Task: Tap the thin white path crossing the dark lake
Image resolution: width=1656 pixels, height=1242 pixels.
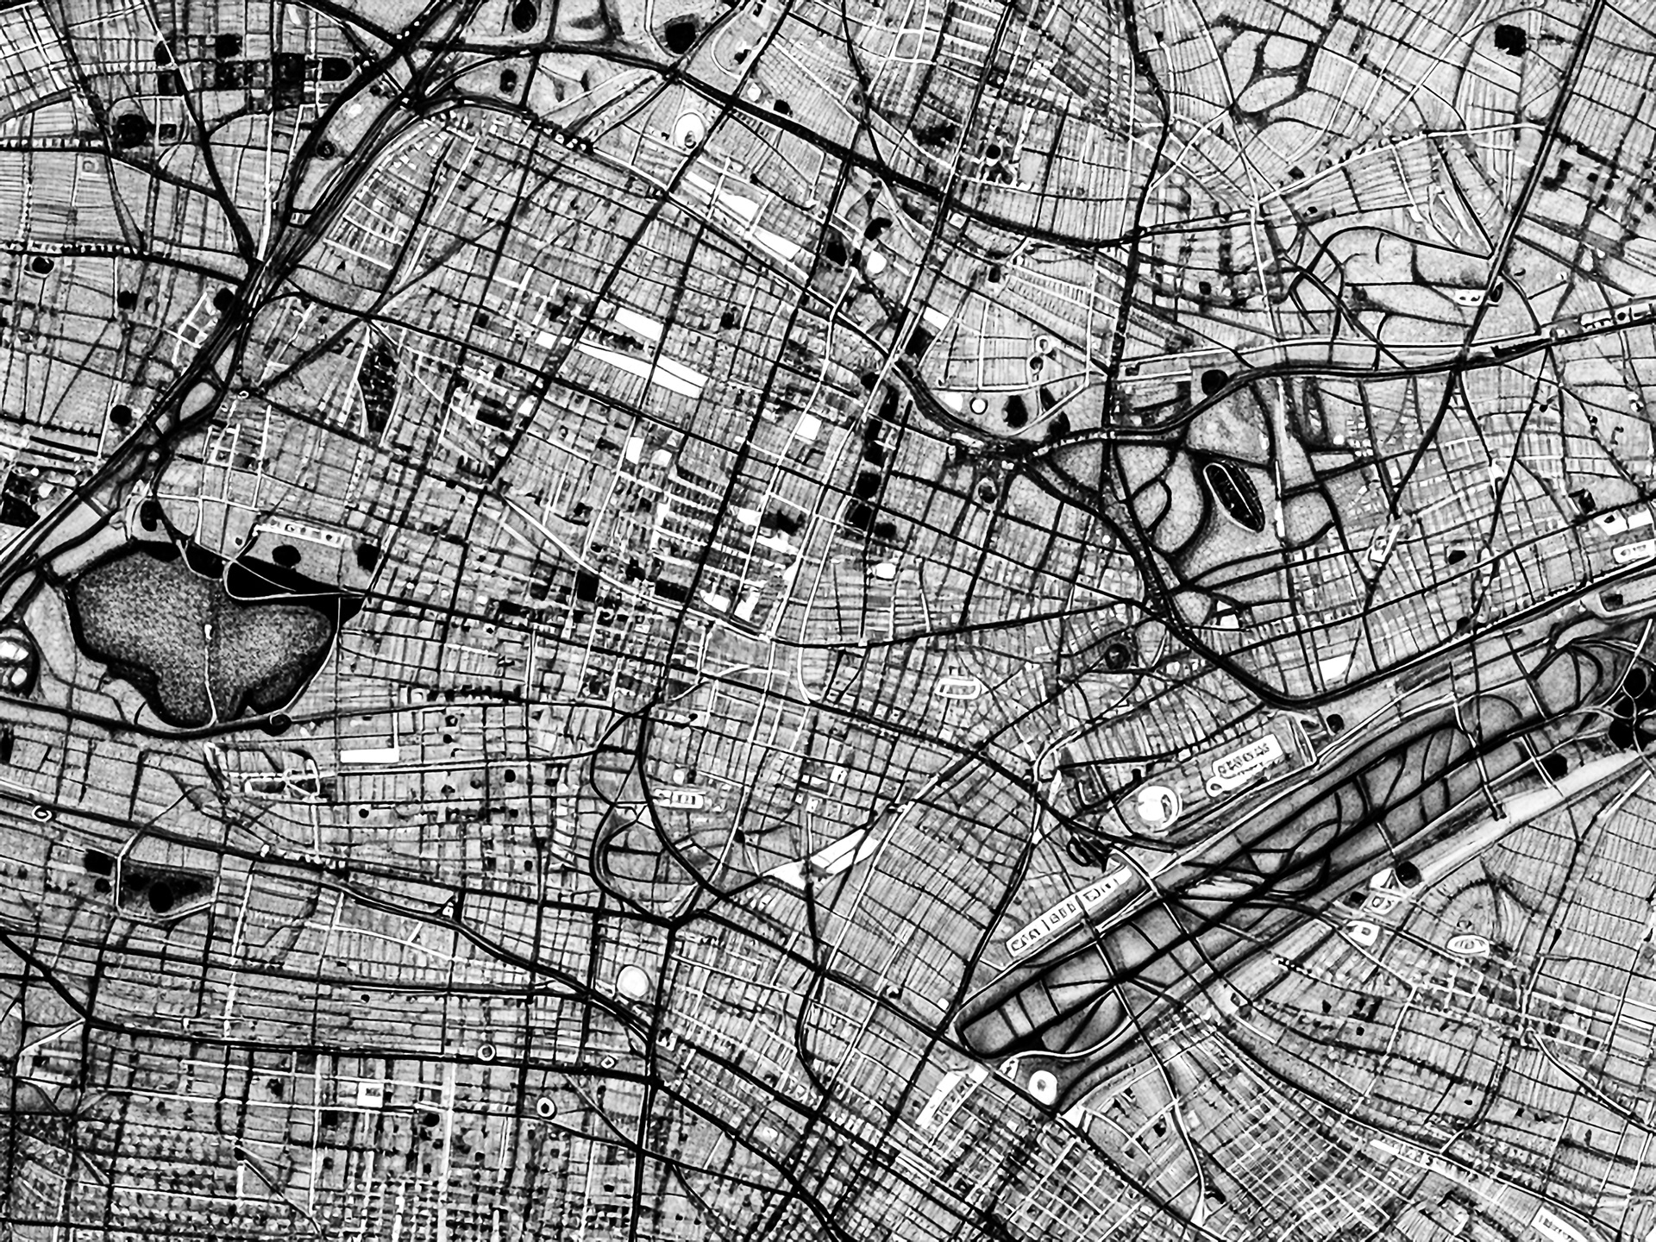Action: [210, 664]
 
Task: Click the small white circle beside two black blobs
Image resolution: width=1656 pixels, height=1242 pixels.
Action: [977, 405]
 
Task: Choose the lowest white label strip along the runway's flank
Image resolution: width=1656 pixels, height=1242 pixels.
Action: [944, 1100]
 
